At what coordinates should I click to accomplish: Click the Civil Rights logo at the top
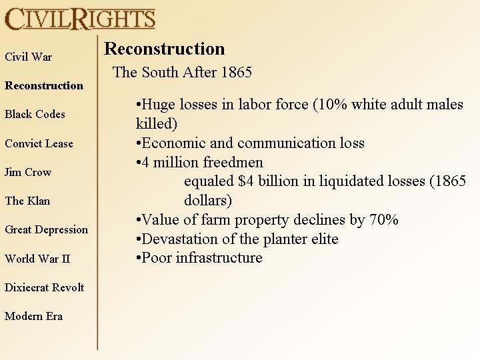[80, 19]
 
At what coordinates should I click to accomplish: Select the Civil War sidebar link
[29, 57]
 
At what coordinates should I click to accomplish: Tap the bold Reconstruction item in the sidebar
[44, 85]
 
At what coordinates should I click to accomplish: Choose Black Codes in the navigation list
[35, 114]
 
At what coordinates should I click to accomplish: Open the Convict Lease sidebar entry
[39, 143]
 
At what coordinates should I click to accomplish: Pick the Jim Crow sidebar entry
[28, 172]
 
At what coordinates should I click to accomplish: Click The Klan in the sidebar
[27, 201]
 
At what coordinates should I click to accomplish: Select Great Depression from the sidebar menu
[46, 229]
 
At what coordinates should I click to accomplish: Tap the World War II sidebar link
[37, 259]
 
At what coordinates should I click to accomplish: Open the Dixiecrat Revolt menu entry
[45, 287]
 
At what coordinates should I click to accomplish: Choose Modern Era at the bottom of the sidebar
[34, 316]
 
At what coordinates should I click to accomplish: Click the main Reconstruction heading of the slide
[165, 49]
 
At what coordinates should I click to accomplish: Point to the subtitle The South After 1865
[182, 72]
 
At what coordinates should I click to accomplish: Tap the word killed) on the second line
[157, 124]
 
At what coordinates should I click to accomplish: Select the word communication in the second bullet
[286, 143]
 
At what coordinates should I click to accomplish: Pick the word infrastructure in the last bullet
[219, 258]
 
